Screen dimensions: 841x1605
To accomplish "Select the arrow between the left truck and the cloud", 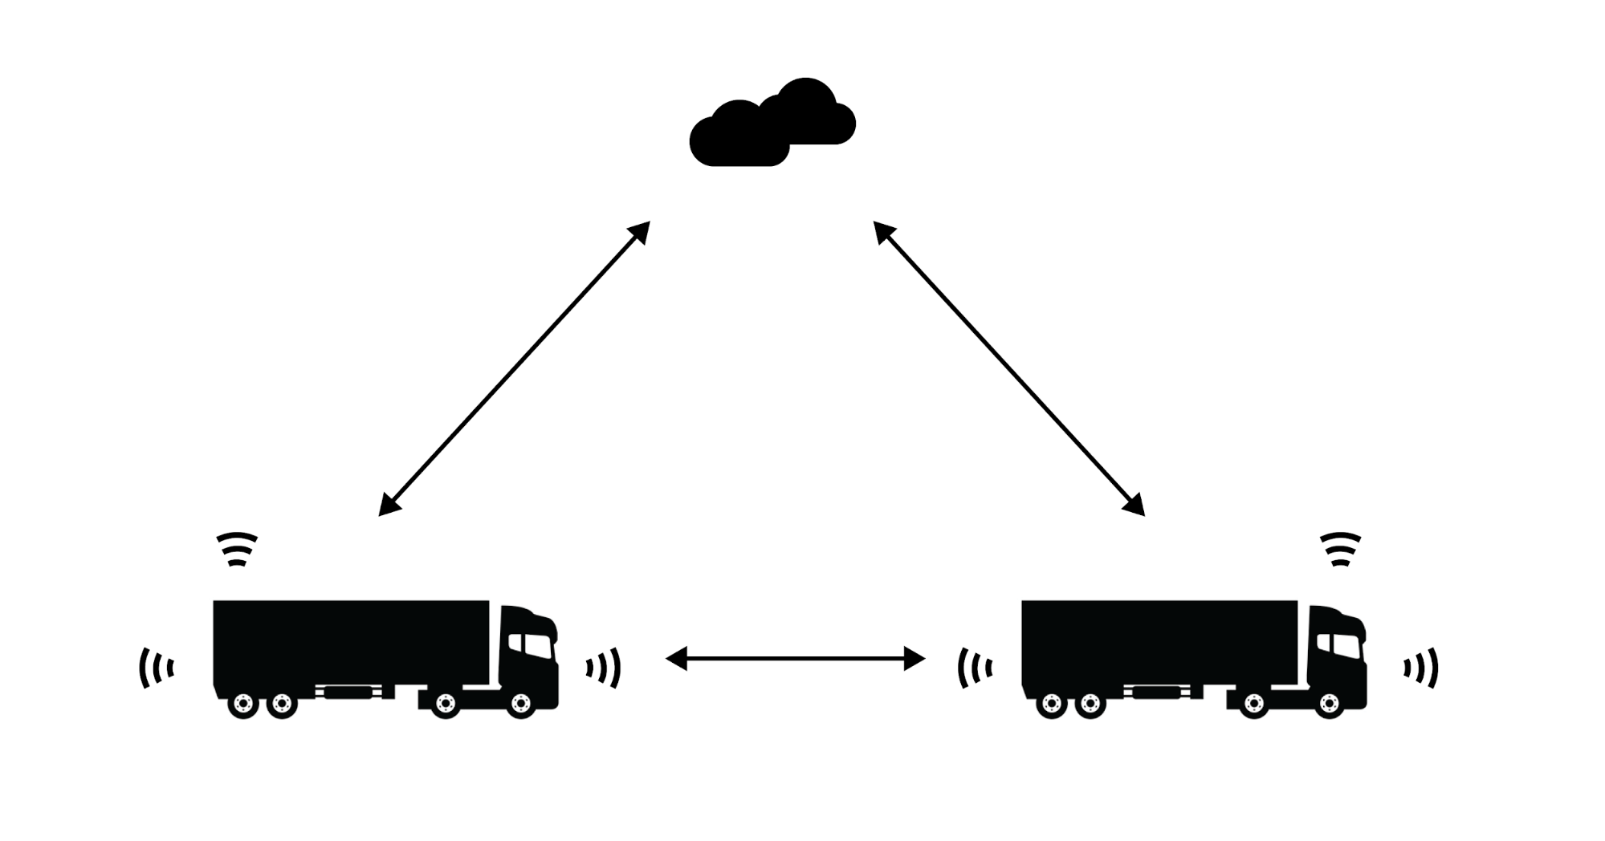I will (514, 368).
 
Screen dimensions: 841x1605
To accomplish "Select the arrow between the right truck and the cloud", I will (1009, 368).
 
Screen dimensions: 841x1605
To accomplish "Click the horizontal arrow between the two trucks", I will (795, 659).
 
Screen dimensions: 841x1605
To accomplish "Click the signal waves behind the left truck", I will (157, 668).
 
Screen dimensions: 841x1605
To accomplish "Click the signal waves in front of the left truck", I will (604, 668).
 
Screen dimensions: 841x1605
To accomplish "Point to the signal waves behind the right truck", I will (975, 668).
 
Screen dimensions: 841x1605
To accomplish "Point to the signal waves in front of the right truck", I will (1421, 668).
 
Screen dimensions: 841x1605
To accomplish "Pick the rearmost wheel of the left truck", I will (243, 705).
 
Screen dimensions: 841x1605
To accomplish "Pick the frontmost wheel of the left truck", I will (521, 705).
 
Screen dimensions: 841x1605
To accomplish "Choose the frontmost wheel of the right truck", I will (1330, 705).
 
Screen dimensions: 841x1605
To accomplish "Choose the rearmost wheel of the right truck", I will (1052, 705).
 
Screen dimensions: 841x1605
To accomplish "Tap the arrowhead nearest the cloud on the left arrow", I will (640, 232).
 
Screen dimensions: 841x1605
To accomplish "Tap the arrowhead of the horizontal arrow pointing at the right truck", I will (915, 659).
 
